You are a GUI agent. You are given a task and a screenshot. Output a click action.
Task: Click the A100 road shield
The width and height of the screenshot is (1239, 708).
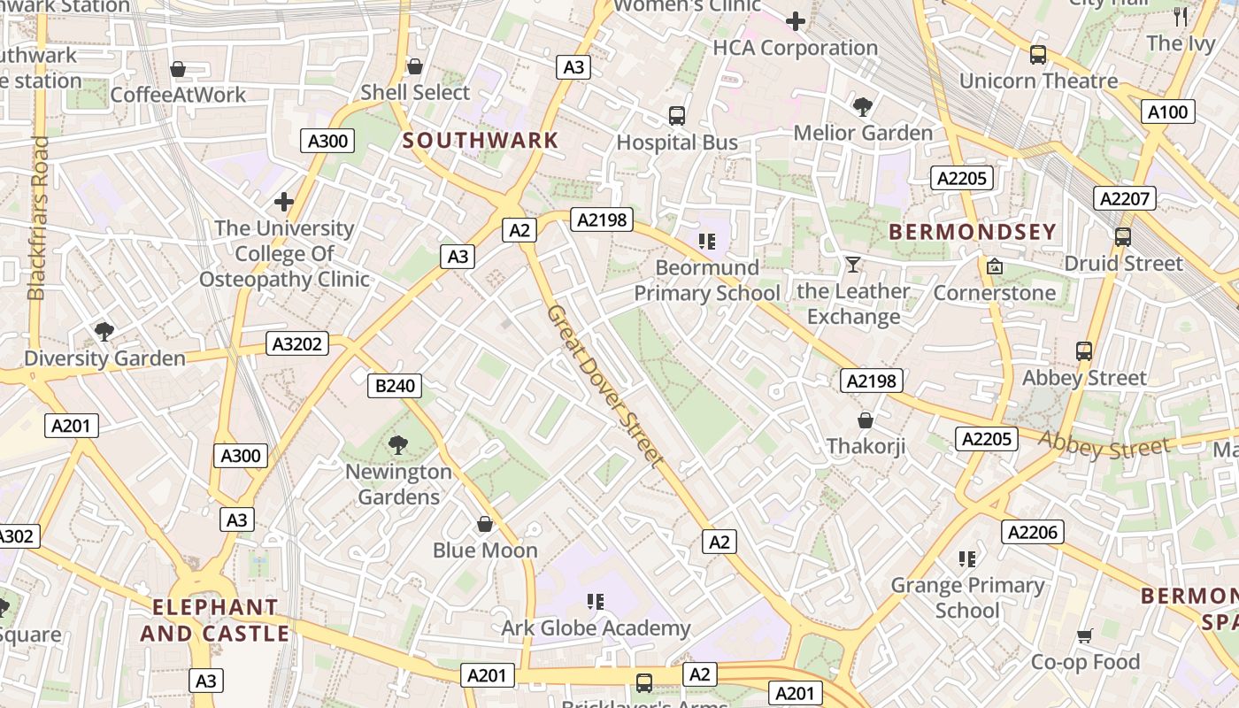tap(1168, 112)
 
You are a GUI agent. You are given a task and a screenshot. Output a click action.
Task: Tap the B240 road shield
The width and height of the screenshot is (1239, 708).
tap(395, 386)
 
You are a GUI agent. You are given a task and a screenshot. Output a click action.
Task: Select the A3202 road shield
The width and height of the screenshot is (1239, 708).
tap(297, 344)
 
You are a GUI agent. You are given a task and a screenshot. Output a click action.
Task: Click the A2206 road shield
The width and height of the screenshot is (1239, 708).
tap(1032, 532)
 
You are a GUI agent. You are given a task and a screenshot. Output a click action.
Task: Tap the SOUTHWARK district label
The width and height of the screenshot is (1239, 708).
tap(481, 140)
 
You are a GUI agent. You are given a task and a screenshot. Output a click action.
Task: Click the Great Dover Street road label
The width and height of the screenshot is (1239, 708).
tap(604, 386)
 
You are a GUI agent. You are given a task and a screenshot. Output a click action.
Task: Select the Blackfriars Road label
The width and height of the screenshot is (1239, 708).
tap(38, 218)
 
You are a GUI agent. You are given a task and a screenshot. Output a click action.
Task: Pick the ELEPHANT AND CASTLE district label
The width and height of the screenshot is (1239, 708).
tap(215, 620)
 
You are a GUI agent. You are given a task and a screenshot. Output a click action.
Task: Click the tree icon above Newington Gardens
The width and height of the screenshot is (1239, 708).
tap(398, 445)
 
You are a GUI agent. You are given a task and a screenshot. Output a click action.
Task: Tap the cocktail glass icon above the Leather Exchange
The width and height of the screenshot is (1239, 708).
tap(852, 265)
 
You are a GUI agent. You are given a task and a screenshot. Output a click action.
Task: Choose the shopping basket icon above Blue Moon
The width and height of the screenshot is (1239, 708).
tap(484, 524)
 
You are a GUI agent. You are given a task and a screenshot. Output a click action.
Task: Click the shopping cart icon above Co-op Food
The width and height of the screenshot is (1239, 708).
tap(1085, 635)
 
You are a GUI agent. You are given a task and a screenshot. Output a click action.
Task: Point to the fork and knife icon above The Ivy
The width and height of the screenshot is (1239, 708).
tap(1181, 16)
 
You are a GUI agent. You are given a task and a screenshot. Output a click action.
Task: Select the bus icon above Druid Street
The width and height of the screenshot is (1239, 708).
tap(1122, 237)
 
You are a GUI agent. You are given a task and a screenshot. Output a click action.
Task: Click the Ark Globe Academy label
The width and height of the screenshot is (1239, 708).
tap(596, 628)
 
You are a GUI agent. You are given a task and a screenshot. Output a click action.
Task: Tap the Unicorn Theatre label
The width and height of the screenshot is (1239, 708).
tap(1038, 81)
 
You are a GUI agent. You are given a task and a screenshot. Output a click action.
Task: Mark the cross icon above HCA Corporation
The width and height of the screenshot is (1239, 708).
tap(795, 21)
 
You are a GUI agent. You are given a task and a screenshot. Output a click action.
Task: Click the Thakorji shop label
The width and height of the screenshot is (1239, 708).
tap(866, 446)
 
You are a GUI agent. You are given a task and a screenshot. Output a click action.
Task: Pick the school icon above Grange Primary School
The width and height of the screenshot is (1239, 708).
tap(967, 558)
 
